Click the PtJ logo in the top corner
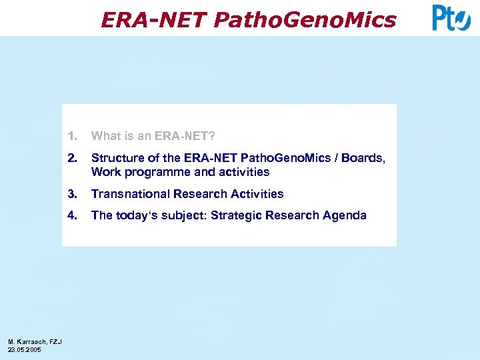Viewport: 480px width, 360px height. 451,18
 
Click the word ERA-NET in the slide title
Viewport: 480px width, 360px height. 154,20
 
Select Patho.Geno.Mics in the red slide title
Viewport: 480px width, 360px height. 305,20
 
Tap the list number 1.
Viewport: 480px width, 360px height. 71,136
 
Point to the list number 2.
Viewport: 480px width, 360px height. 71,158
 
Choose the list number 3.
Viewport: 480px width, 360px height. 71,194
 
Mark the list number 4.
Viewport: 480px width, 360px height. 71,215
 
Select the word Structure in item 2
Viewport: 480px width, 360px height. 115,158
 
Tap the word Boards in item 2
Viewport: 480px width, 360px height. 365,158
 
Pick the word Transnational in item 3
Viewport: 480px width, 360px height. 130,194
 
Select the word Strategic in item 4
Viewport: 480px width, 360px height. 235,215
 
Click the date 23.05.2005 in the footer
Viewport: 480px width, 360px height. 25,349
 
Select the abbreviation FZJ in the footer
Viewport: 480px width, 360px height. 55,342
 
